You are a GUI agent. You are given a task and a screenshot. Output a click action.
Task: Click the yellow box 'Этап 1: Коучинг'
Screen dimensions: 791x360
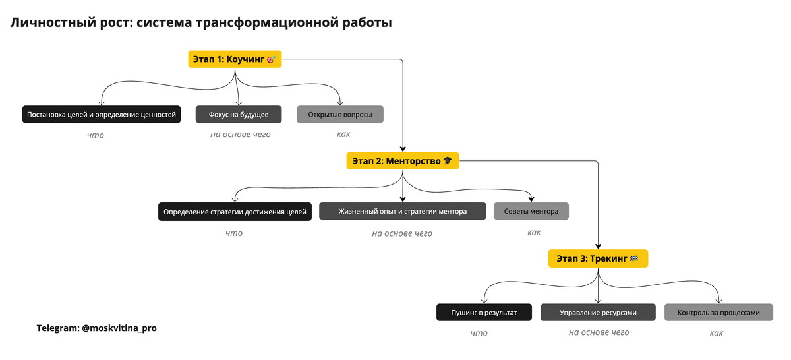(235, 59)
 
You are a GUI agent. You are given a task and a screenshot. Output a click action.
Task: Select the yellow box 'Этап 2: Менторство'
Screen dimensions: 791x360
(403, 161)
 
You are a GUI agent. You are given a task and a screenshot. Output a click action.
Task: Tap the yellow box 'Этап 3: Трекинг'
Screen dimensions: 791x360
(598, 258)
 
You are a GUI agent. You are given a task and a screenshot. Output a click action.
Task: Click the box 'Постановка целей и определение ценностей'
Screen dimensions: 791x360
(102, 115)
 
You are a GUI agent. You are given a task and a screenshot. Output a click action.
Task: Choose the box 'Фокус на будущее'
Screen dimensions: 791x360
(239, 115)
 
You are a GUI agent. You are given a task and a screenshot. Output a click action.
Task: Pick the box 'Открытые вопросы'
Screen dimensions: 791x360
(340, 115)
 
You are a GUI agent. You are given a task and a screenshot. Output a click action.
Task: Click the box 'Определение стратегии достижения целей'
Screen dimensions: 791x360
(235, 212)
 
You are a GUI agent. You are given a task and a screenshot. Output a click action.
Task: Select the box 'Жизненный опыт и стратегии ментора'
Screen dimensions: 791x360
(403, 211)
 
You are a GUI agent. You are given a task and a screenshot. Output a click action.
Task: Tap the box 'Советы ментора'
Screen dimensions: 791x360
(531, 211)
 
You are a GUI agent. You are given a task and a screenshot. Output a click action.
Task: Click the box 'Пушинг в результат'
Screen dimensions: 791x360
(484, 313)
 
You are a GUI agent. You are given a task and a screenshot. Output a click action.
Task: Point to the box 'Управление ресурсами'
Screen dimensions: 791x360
(599, 313)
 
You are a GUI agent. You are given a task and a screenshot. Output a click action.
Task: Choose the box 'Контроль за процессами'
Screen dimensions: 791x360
(718, 313)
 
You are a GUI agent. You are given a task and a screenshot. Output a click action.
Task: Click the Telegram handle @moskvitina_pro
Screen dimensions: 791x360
(119, 328)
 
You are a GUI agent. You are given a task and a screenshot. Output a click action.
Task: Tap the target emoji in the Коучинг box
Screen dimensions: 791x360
(271, 59)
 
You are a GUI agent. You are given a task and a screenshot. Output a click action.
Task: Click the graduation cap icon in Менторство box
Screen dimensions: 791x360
(448, 161)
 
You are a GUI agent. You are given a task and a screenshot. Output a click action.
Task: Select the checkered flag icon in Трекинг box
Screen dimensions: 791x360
(634, 258)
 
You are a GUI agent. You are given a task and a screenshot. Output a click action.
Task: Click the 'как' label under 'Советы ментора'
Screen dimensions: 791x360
(534, 233)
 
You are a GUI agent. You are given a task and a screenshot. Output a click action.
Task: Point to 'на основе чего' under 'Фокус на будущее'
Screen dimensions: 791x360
(241, 135)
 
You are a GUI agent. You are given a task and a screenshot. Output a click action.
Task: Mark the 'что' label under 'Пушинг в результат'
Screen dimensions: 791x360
(479, 333)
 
